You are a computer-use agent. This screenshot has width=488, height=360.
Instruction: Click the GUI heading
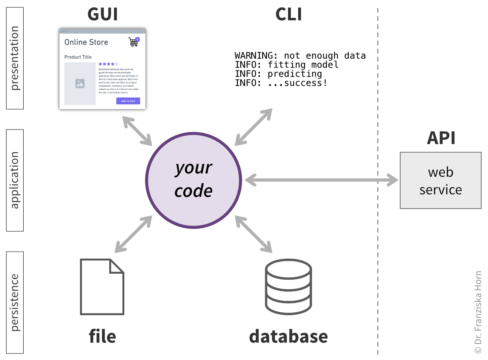click(102, 14)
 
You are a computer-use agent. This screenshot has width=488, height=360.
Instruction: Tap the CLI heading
click(288, 14)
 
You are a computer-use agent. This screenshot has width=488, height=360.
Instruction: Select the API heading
click(440, 138)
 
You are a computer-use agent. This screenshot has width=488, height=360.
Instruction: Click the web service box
click(440, 180)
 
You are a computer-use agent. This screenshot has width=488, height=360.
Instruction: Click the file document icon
click(102, 287)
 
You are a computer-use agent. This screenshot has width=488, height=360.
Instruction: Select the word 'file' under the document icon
click(102, 336)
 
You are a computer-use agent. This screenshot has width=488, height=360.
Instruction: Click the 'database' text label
click(288, 336)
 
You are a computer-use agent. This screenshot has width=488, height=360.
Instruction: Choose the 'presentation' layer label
click(15, 58)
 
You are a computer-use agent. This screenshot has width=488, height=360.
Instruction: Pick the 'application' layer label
click(15, 180)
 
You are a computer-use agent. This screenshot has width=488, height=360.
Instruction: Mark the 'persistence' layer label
click(15, 302)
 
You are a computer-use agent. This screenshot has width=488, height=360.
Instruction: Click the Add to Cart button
click(128, 101)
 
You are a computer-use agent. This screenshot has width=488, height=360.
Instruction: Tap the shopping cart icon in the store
click(133, 42)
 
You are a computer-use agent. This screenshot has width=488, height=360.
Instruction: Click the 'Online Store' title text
click(86, 42)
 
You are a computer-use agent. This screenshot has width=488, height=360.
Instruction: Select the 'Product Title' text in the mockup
click(78, 57)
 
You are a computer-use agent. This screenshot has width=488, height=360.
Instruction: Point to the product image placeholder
click(80, 83)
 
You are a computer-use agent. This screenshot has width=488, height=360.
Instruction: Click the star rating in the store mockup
click(108, 64)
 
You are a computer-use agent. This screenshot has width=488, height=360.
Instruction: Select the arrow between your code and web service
click(321, 180)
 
